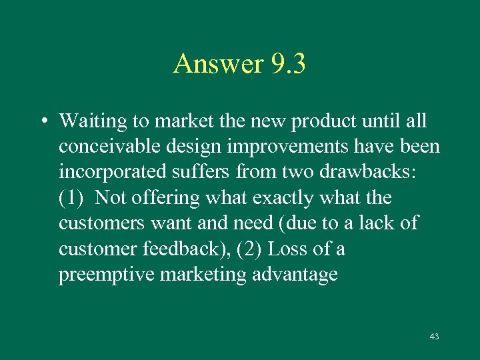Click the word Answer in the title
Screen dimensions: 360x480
click(219, 64)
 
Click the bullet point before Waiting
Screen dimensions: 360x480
click(42, 122)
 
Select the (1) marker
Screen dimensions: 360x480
click(71, 198)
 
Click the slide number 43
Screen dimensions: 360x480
click(434, 337)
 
